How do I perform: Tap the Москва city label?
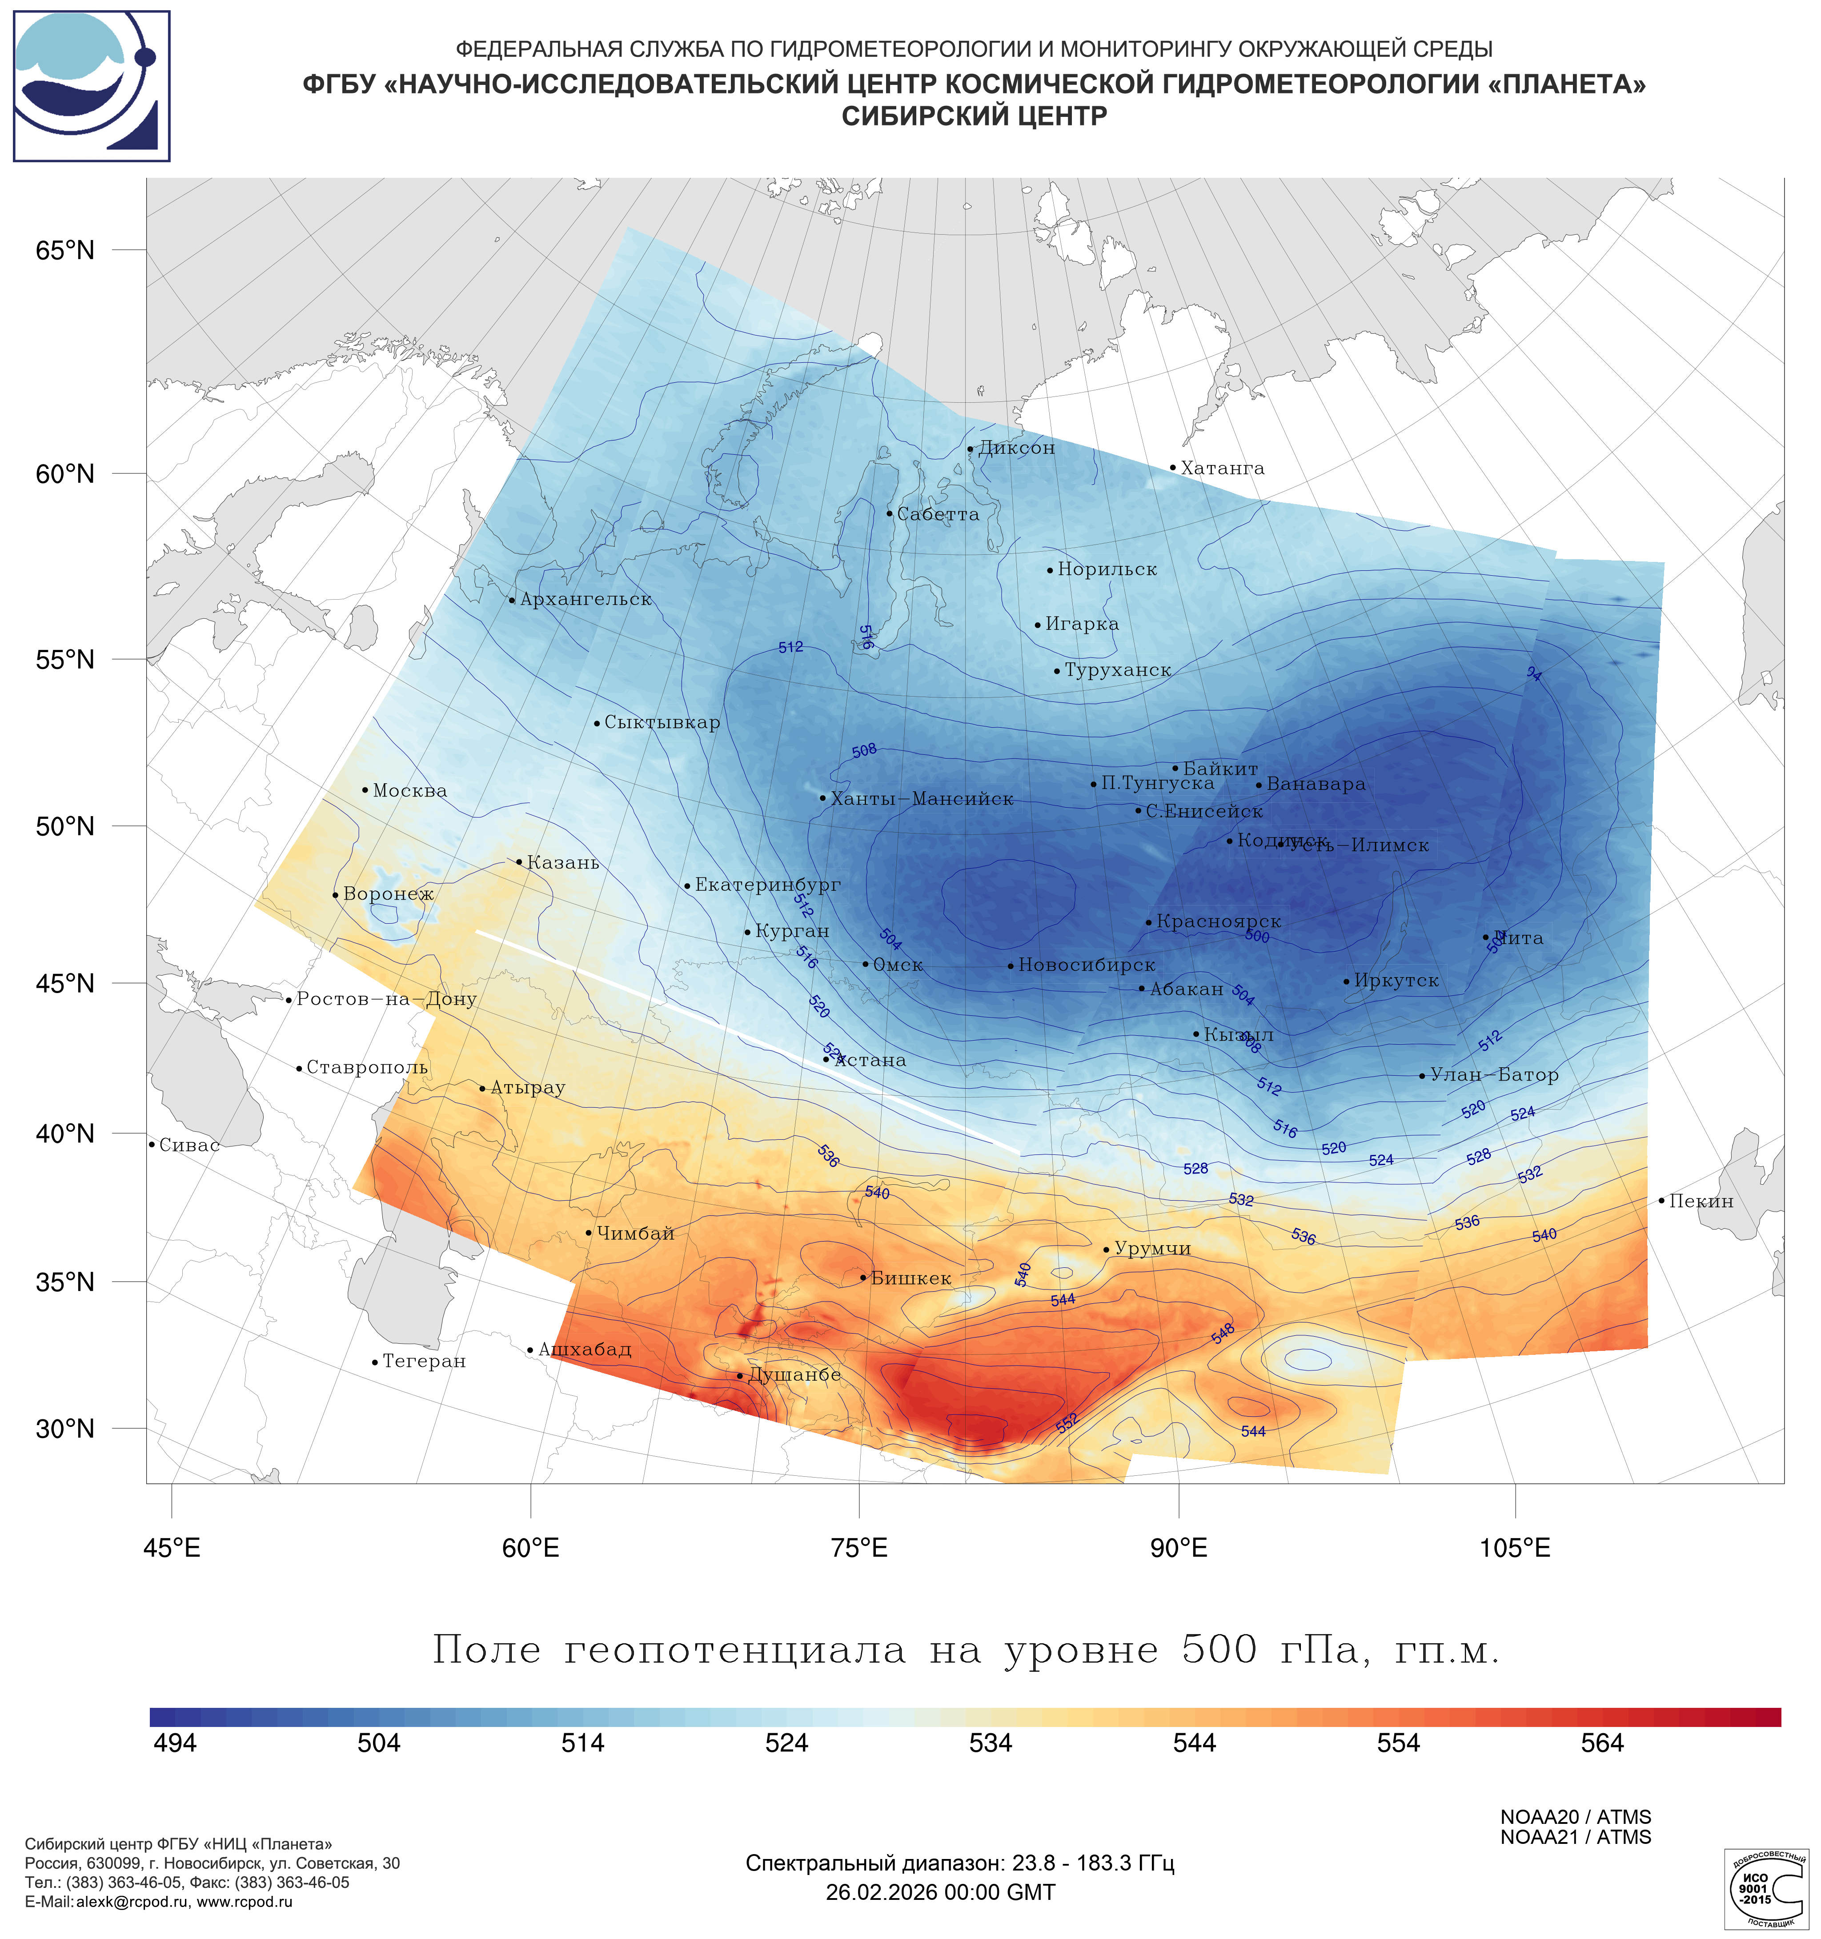(x=409, y=791)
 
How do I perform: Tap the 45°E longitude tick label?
(x=172, y=1548)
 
